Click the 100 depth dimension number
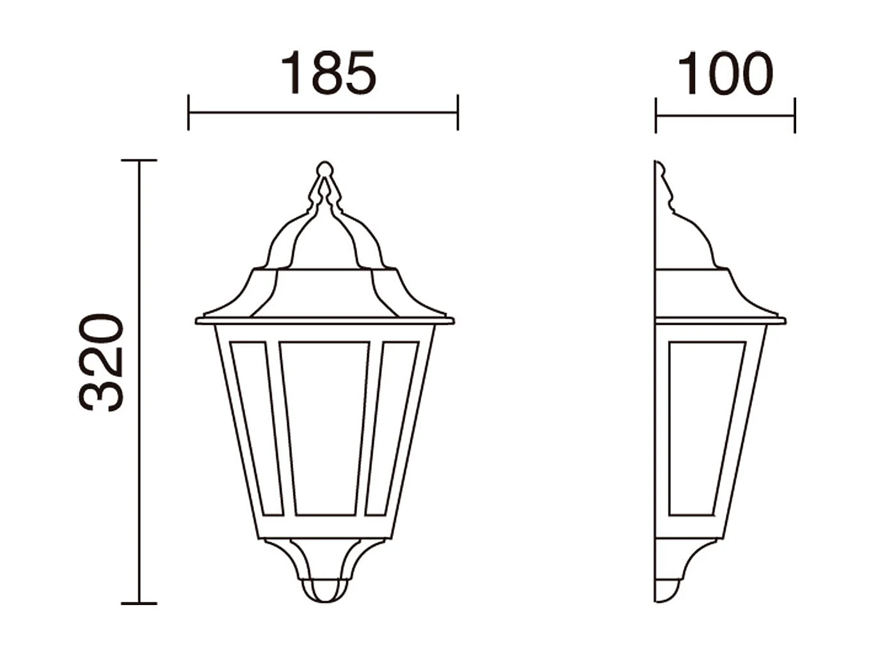(725, 74)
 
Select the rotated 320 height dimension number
(101, 362)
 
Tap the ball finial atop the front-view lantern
(324, 169)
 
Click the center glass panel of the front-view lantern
(324, 428)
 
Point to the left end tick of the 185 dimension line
(188, 113)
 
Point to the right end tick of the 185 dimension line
(458, 113)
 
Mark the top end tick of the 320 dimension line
(139, 161)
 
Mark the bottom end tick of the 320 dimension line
(139, 603)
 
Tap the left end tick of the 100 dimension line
(656, 116)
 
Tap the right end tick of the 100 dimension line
(794, 116)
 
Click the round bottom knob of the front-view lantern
(325, 591)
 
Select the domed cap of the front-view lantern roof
(324, 240)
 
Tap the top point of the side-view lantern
(658, 164)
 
